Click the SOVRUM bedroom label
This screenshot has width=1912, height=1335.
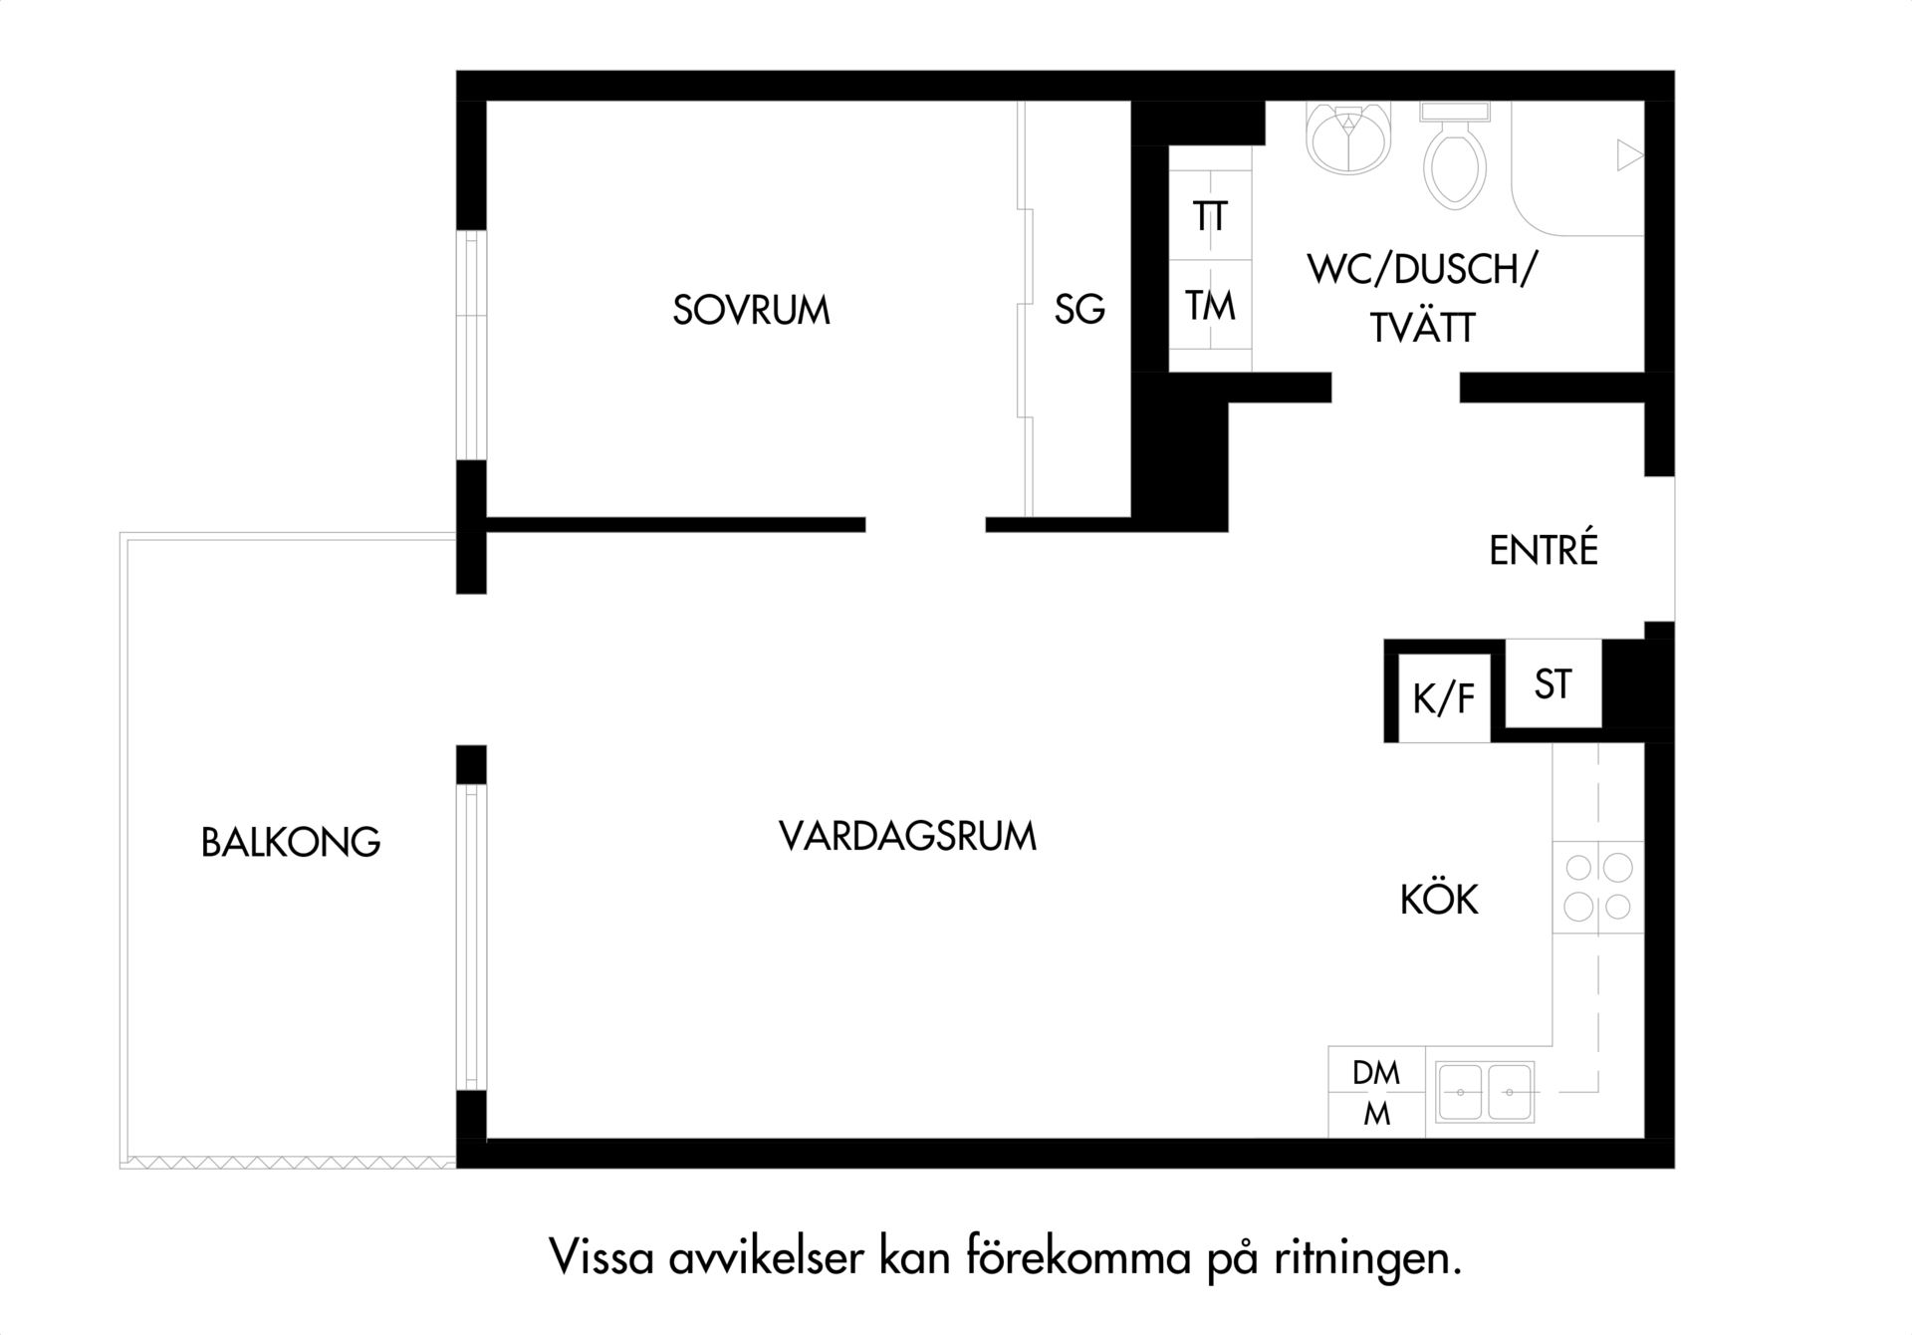point(751,310)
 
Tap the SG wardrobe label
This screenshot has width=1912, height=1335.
point(1079,309)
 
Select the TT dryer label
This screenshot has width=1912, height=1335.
point(1210,216)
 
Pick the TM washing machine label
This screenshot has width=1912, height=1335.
point(1210,306)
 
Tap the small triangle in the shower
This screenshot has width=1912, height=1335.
point(1629,155)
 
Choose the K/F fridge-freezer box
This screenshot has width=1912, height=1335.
point(1444,697)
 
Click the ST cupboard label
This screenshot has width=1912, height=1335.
point(1553,684)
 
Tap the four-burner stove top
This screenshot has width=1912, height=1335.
point(1598,887)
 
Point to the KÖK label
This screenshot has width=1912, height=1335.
point(1439,899)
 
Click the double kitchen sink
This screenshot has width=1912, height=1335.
point(1485,1092)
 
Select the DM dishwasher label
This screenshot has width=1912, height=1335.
point(1376,1073)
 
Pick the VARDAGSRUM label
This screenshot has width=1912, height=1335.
point(907,836)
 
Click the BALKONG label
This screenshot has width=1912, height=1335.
point(291,842)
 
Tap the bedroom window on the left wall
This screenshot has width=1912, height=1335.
point(471,345)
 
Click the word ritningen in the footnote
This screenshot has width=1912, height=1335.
point(1367,1259)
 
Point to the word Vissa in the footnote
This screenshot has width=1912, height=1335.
point(601,1258)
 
